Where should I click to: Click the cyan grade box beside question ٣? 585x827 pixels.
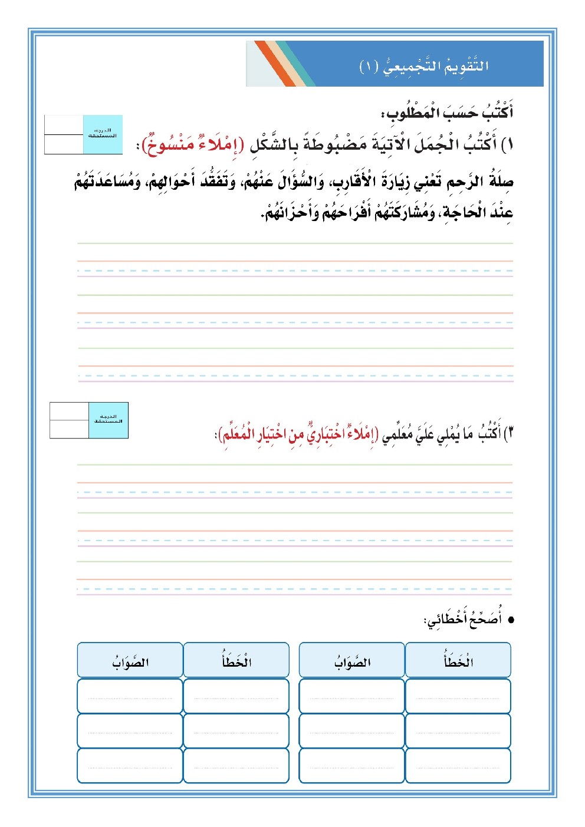[109, 420]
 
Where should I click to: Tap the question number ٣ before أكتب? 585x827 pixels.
[510, 434]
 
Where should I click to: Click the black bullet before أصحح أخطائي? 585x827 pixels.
[511, 620]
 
